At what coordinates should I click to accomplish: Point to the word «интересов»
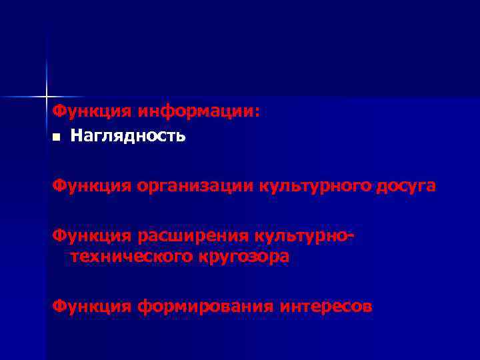click(x=326, y=307)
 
